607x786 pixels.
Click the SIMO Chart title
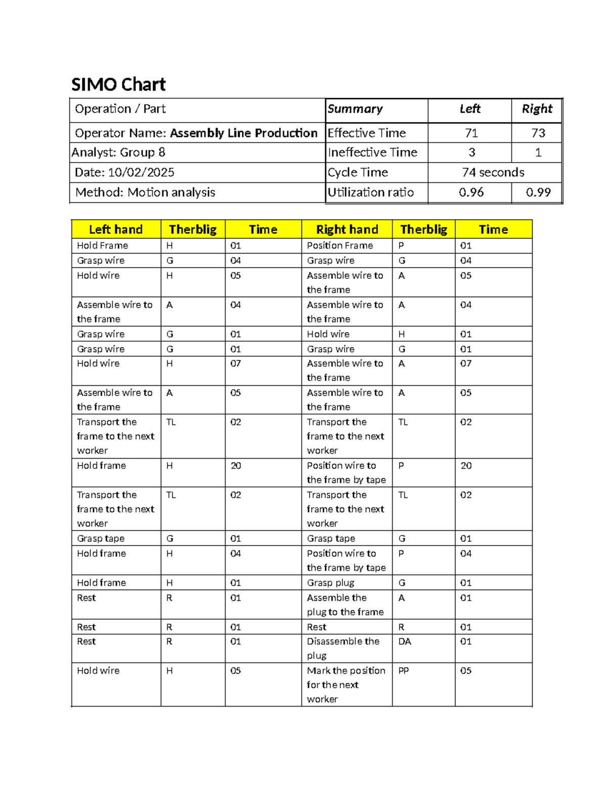[118, 85]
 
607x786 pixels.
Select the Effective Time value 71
[471, 133]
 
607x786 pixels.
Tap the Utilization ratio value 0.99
[538, 192]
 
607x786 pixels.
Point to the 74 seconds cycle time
[493, 173]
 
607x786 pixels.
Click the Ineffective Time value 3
[471, 152]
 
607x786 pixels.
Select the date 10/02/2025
[141, 173]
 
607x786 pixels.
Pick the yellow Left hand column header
[116, 229]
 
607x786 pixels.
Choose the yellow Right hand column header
[347, 229]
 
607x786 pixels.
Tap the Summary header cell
[355, 109]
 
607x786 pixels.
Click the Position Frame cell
[340, 245]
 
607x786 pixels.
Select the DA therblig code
[405, 641]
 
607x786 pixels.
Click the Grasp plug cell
[330, 583]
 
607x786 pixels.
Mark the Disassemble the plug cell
[343, 648]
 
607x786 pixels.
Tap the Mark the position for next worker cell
[346, 684]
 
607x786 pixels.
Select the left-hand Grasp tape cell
[101, 539]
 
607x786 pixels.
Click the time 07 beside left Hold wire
[236, 363]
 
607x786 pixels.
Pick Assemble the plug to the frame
[345, 605]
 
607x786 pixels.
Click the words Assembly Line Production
[244, 133]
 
